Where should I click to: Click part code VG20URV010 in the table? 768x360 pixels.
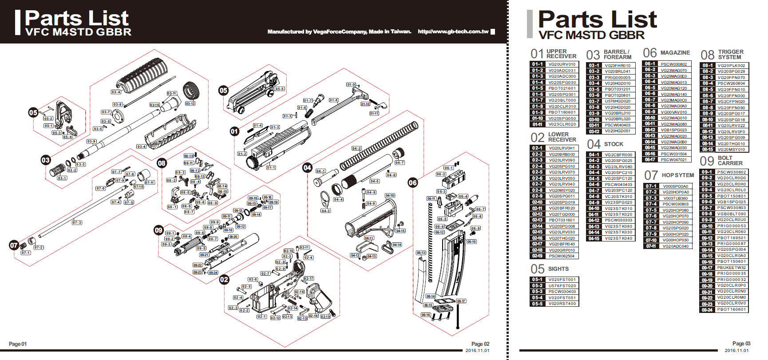(562, 64)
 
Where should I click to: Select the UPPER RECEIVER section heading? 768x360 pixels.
(561, 54)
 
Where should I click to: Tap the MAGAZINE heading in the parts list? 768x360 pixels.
(675, 53)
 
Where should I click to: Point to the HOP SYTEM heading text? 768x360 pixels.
(677, 175)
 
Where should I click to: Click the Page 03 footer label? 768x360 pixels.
(741, 344)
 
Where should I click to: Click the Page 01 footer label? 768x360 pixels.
(18, 344)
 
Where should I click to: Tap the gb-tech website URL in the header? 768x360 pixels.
(453, 32)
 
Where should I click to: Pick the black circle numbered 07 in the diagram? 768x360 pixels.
(14, 245)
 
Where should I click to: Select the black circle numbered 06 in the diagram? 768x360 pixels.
(412, 182)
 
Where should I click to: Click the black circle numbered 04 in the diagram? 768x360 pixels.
(307, 167)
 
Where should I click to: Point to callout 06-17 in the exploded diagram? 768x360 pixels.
(461, 301)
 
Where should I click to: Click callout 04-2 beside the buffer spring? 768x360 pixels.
(356, 148)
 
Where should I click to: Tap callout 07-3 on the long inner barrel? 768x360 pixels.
(77, 222)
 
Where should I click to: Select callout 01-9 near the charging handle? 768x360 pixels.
(351, 84)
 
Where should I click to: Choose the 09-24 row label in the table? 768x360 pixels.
(707, 310)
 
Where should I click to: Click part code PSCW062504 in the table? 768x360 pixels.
(562, 256)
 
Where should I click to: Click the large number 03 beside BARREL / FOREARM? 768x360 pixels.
(593, 55)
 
